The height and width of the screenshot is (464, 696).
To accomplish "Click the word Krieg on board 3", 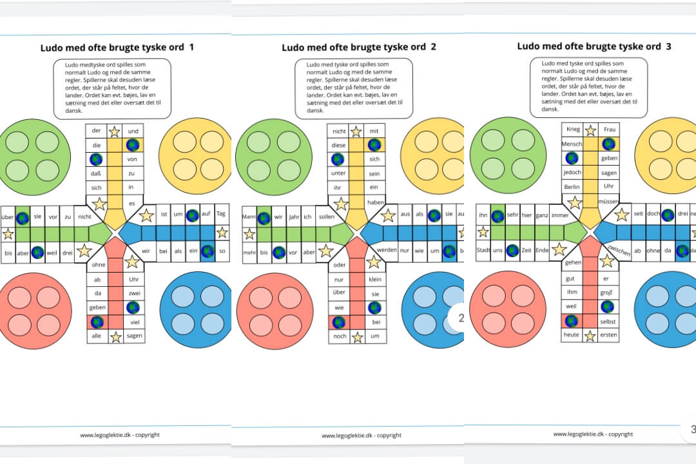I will coord(572,129).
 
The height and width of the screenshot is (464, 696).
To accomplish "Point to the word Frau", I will coord(609,129).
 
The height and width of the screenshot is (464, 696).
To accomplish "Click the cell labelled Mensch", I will coord(572,144).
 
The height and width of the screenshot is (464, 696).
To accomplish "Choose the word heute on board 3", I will coord(572,335).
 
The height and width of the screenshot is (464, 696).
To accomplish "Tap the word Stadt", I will coord(483,250).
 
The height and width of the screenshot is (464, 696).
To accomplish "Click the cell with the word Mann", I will coord(249,217).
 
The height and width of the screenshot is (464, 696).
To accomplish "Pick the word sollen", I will coord(326,217).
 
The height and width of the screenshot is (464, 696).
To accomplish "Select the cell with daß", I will coord(97,173).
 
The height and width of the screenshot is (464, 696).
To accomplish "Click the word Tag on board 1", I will coord(222,214).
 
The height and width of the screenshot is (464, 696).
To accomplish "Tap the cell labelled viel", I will coord(134,321).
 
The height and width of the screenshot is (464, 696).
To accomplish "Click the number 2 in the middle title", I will coord(433,47).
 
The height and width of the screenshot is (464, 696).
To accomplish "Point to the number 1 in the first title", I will coord(191,48).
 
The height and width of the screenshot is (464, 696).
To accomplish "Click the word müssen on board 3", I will coord(609,202).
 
